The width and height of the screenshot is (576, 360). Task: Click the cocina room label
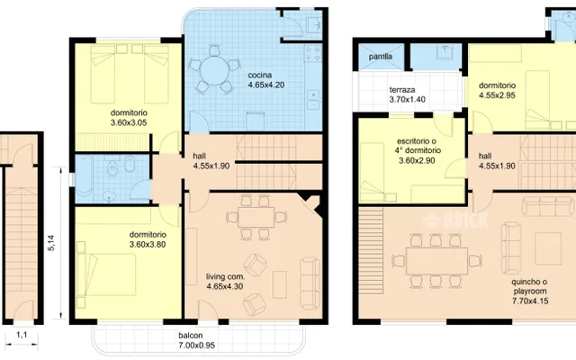pos(260,76)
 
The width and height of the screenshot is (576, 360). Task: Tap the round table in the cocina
pos(214,70)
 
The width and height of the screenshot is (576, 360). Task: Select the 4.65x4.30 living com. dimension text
pos(225,286)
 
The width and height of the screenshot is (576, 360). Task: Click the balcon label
pos(191,336)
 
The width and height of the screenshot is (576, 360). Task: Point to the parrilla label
pos(381,57)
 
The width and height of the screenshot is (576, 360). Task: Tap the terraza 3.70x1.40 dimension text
pos(408,100)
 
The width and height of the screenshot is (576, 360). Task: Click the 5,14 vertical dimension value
pos(51,243)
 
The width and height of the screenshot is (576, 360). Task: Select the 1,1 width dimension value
pos(22,335)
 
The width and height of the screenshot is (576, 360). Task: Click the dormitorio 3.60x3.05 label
pos(129,118)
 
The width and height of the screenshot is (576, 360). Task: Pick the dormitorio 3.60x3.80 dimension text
pos(148,244)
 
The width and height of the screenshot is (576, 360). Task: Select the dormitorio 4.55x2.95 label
pos(498,90)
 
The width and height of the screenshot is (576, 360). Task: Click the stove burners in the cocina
pos(313,53)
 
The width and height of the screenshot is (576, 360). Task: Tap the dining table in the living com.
pos(256,217)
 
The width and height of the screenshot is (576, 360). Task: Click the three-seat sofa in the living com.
pos(310,283)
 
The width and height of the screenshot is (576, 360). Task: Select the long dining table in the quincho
pos(436,261)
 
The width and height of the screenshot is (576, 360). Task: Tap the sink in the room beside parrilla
pos(445,52)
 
